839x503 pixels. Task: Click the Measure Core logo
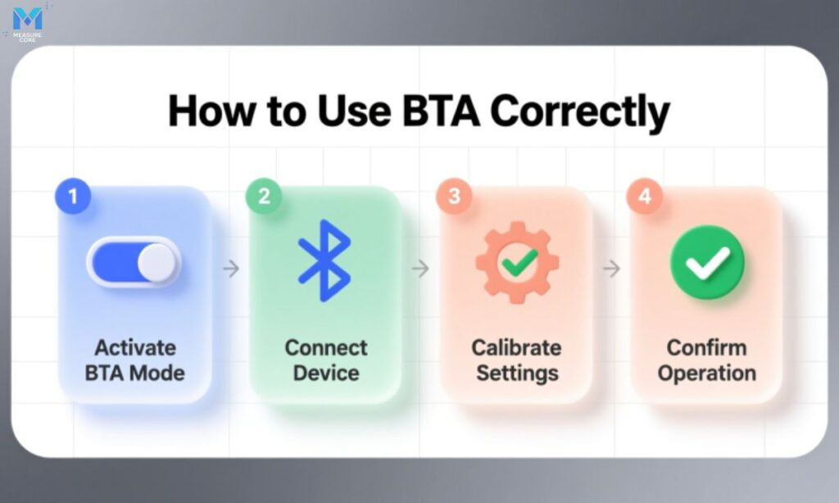(27, 21)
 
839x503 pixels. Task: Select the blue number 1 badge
(72, 197)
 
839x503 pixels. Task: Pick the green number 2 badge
(262, 197)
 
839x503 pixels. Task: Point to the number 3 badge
(454, 197)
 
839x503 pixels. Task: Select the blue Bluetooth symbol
(324, 257)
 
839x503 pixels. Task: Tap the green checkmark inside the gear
(519, 263)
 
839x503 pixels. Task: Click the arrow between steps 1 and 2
(231, 268)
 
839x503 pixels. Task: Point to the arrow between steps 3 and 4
(611, 268)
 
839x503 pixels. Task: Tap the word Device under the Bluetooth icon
(326, 373)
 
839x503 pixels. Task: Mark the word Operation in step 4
(707, 373)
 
